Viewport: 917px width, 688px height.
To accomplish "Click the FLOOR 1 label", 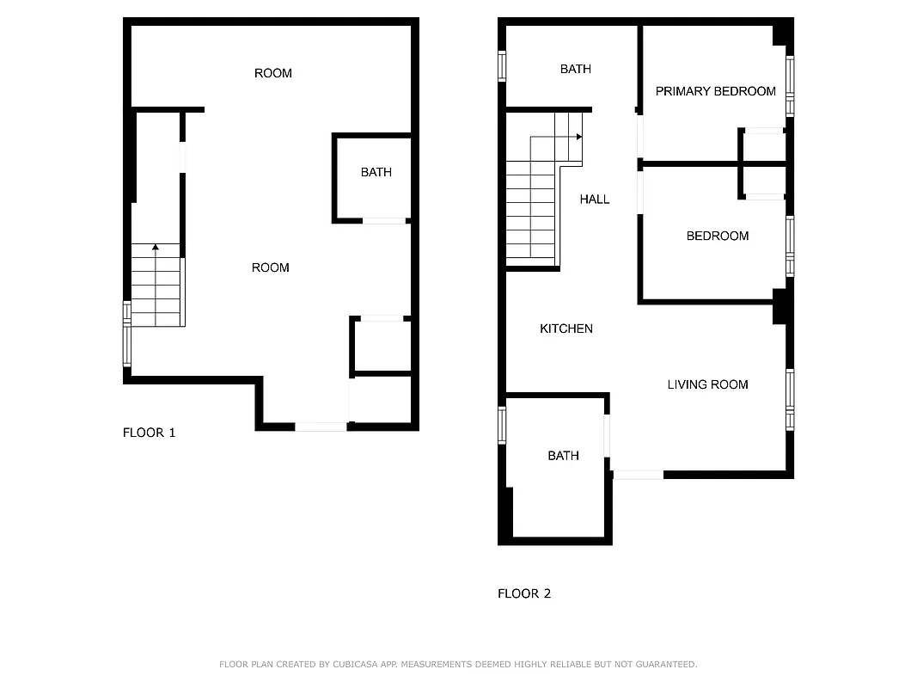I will coord(149,433).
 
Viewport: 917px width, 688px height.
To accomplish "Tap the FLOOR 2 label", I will coord(524,593).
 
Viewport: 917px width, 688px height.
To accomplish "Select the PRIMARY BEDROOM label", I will coord(715,91).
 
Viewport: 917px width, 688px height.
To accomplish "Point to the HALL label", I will coord(594,199).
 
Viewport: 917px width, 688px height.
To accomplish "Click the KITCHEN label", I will coord(565,329).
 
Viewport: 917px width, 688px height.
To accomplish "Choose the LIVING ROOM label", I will coord(707,384).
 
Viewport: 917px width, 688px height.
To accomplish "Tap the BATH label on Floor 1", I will coord(376,172).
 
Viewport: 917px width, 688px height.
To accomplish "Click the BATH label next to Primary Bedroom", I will coord(575,69).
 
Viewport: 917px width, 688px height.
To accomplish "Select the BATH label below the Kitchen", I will coord(563,456).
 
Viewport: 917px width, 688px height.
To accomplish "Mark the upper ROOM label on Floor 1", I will coord(272,73).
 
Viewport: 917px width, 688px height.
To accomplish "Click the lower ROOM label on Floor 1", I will coord(270,267).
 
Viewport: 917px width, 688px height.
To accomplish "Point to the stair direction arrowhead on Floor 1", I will coord(156,248).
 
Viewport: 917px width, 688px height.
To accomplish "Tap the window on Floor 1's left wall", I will coord(127,334).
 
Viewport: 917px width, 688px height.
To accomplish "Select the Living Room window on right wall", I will coord(790,399).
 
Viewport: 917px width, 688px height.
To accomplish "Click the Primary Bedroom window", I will coord(790,85).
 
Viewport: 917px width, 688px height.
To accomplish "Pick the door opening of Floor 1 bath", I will coord(383,221).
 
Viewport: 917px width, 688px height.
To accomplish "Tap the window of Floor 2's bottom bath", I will coord(502,425).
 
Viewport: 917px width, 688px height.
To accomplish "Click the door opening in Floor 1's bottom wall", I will coord(321,427).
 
